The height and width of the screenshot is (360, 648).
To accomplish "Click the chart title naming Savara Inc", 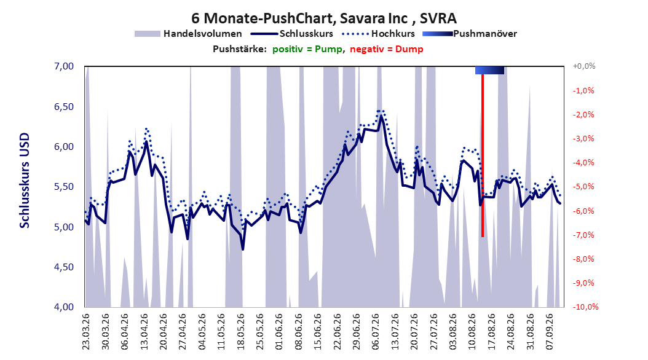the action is click(x=324, y=18).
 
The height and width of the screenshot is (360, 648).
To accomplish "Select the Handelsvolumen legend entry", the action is click(x=189, y=34).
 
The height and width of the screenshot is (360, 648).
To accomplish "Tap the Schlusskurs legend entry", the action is click(x=293, y=34).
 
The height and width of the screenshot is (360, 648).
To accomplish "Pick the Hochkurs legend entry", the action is click(x=379, y=34).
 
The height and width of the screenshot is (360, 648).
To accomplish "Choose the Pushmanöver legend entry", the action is click(x=470, y=34).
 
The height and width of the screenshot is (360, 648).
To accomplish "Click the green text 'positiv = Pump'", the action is click(x=307, y=49).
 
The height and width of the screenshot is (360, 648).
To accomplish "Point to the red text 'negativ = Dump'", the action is click(x=387, y=49).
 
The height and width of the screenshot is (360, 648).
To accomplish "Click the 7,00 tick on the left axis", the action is click(x=64, y=66).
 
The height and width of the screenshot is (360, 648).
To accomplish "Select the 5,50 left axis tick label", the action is click(x=64, y=187).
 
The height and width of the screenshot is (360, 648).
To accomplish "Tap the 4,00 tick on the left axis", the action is click(x=64, y=307).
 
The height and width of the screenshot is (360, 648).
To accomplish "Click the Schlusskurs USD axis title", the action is click(x=25, y=181).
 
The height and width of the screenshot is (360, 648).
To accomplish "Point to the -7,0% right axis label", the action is click(x=583, y=235).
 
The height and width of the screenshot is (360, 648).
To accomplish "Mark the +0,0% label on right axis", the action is click(x=584, y=66).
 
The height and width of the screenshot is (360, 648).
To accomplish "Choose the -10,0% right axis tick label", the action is click(x=585, y=307).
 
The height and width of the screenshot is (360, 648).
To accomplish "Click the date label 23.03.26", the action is click(x=86, y=332).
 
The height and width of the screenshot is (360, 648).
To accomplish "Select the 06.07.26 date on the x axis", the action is click(x=375, y=332).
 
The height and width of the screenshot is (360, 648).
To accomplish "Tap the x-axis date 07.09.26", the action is click(x=549, y=332).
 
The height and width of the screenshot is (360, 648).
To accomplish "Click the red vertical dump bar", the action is click(x=482, y=155).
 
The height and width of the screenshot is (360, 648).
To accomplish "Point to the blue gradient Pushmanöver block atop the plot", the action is click(x=490, y=70).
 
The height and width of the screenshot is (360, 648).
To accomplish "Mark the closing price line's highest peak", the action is click(x=381, y=115).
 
